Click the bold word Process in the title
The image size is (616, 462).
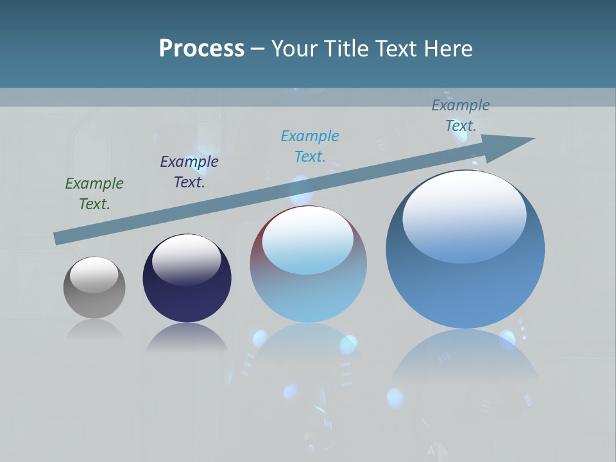point(201,49)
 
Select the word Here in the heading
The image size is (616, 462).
point(449,49)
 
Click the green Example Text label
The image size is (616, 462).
point(94,194)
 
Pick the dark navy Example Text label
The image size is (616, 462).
point(189,172)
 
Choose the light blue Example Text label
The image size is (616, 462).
point(310,146)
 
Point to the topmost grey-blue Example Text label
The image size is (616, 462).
point(461,116)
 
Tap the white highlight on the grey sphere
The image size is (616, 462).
point(94,275)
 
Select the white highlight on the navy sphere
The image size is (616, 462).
point(187,259)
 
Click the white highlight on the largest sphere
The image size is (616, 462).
point(464,215)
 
